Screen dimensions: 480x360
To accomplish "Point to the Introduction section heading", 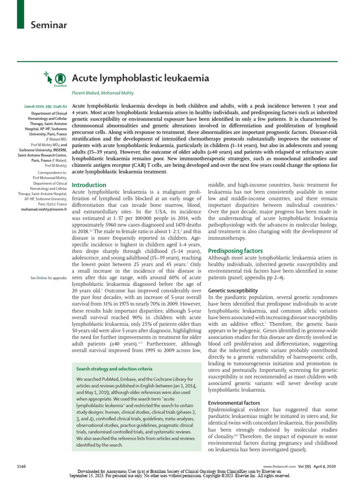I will pyautogui.click(x=89, y=185).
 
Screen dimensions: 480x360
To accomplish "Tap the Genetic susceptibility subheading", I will pyautogui.click(x=233, y=291).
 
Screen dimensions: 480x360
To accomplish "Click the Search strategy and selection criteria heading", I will pyautogui.click(x=114, y=369).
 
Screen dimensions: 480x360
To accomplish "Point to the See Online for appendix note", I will pyautogui.click(x=48, y=278).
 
